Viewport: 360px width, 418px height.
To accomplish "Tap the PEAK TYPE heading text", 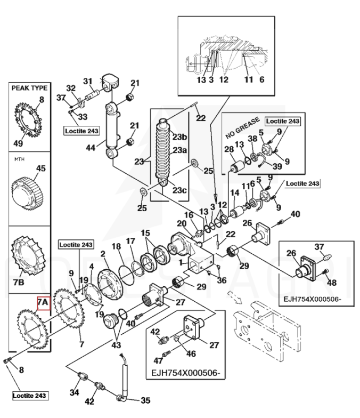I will tap(29, 88).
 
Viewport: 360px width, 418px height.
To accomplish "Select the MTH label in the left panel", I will tap(19, 159).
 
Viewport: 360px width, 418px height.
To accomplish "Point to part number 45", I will tap(40, 168).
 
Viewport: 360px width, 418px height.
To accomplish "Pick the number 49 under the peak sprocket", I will tap(19, 143).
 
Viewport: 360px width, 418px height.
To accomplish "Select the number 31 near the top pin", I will tap(87, 81).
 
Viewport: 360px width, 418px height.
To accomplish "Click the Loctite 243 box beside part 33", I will tap(81, 131).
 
